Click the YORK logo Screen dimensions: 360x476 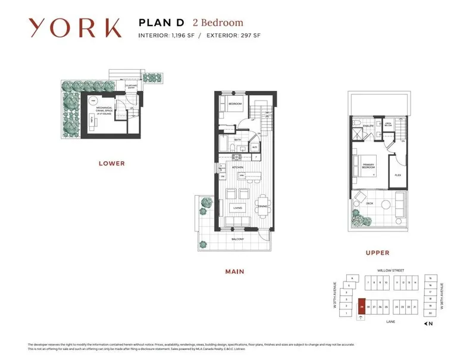click(75, 28)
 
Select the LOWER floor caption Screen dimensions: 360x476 click(111, 164)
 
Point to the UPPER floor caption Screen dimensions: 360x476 click(377, 252)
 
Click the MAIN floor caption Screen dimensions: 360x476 click(234, 272)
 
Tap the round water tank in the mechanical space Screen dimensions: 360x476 click(93, 101)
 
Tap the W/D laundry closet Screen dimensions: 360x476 click(254, 146)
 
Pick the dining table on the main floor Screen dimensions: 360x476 click(262, 207)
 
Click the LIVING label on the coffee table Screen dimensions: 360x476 click(238, 208)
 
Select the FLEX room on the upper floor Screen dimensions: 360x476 click(398, 176)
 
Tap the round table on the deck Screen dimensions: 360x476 click(385, 204)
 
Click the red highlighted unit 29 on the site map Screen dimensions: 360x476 click(362, 307)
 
